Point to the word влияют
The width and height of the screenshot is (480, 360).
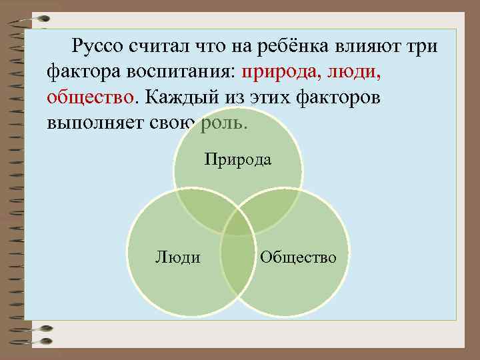[x=373, y=47]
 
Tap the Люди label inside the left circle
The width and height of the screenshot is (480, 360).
[x=177, y=257]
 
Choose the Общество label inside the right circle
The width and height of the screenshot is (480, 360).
[x=298, y=257]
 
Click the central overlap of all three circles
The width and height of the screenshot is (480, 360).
[x=238, y=223]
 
